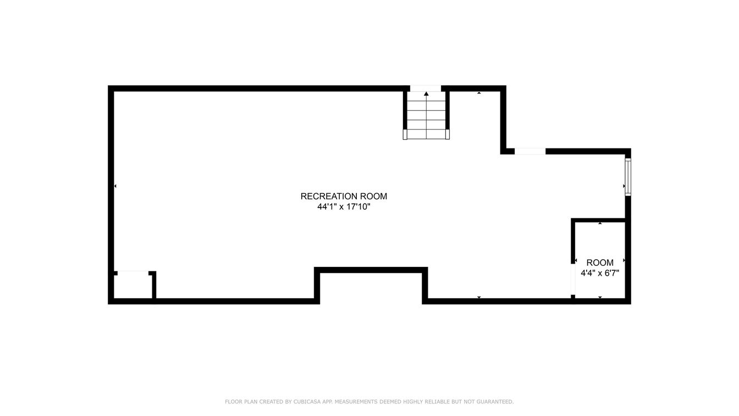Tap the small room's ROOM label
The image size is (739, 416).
point(600,263)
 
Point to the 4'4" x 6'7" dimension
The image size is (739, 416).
point(600,273)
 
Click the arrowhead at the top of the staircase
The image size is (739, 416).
point(426,94)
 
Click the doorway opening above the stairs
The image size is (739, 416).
point(426,88)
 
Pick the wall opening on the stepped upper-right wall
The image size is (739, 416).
point(530,151)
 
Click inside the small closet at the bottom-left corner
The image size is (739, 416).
point(133,286)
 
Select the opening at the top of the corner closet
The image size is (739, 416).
point(133,272)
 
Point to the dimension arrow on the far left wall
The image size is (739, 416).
point(115,187)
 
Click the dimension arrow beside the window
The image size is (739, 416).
point(624,187)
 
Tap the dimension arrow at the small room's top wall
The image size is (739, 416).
point(600,223)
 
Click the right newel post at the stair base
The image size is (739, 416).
point(448,134)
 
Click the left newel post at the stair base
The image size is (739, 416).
point(405,134)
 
